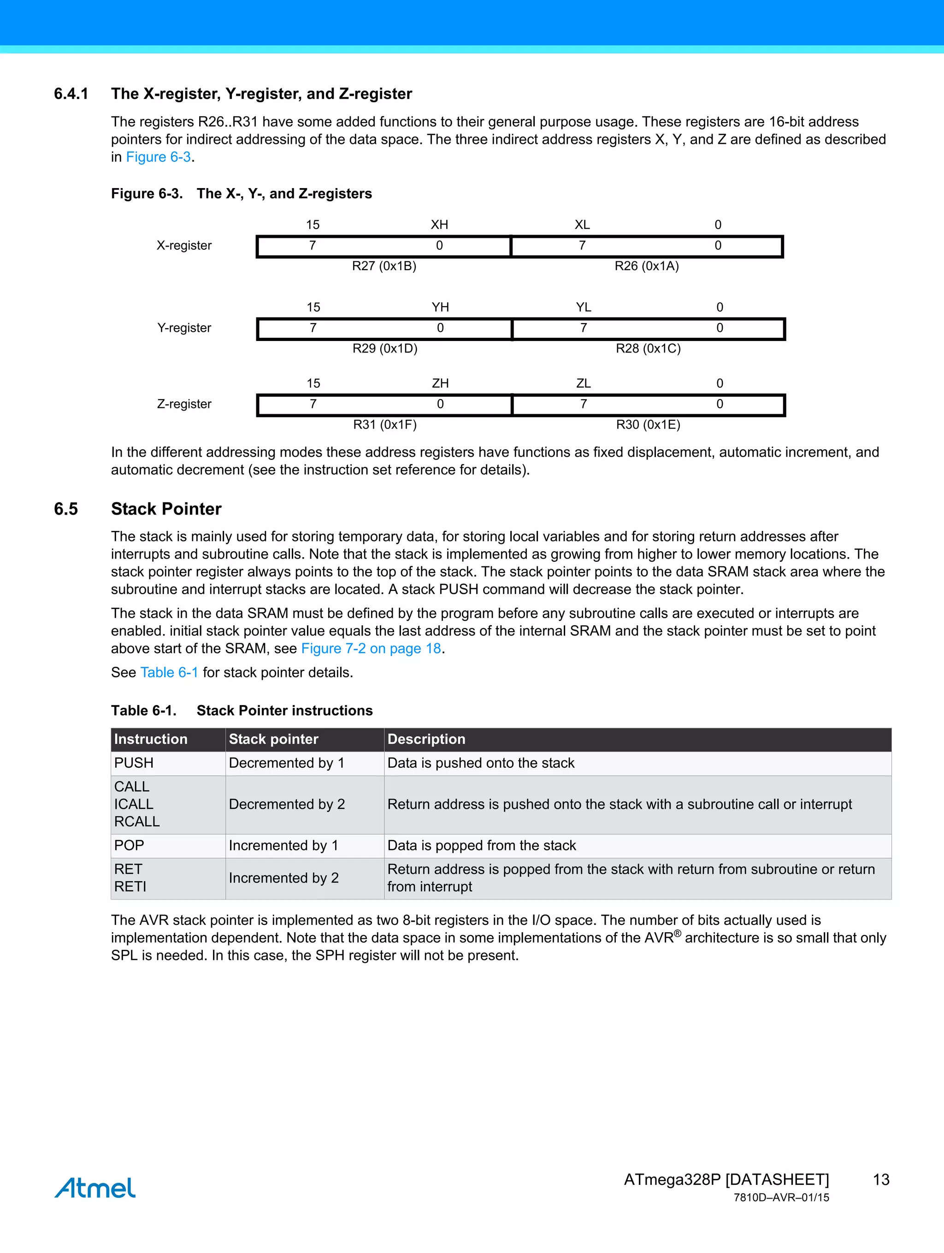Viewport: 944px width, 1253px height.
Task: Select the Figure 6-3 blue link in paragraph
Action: pos(158,157)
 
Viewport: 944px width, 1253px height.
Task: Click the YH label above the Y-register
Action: pos(440,307)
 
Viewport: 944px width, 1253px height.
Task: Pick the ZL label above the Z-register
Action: pos(583,383)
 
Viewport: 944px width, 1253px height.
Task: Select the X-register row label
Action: pos(184,245)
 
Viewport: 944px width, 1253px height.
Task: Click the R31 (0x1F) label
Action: pos(385,424)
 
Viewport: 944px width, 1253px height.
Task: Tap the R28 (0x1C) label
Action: pos(648,348)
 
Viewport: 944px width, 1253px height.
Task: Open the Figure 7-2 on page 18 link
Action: pos(371,648)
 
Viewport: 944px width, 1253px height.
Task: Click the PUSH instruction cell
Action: pos(134,763)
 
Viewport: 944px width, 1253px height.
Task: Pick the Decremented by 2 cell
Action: pos(287,804)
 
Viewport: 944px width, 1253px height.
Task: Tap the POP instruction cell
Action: pos(129,845)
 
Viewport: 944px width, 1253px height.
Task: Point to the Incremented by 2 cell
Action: pos(284,878)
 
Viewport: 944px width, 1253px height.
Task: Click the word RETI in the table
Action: pos(130,887)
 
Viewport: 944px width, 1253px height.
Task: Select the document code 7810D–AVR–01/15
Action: pos(781,1198)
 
